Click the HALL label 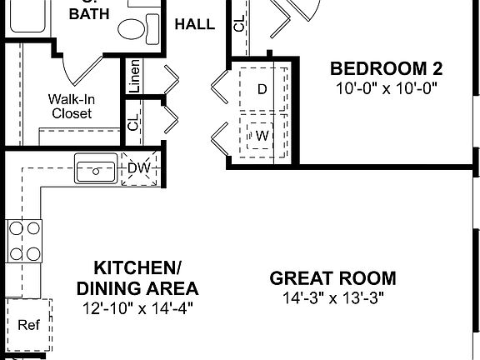click(x=194, y=23)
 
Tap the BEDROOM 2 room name click(x=386, y=68)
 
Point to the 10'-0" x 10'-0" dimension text click(x=386, y=87)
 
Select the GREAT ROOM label click(x=332, y=279)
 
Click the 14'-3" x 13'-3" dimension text click(x=332, y=297)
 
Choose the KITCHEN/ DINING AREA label click(x=137, y=278)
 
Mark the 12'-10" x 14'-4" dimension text click(x=137, y=308)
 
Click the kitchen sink click(x=97, y=169)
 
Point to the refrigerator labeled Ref click(x=29, y=324)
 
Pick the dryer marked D click(x=262, y=88)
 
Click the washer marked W click(x=262, y=134)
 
